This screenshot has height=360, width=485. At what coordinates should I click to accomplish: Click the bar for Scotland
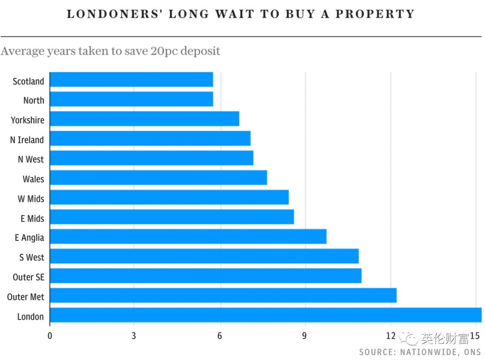tap(131, 79)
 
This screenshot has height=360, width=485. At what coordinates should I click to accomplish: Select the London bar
tap(265, 315)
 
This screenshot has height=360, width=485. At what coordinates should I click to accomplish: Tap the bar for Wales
tap(158, 177)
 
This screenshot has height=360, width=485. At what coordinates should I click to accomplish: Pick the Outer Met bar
tap(223, 295)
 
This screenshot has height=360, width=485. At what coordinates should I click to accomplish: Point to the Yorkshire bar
tap(144, 119)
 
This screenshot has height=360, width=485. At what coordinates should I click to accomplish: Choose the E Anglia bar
tap(188, 237)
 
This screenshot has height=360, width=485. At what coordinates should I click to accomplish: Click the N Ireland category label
tap(27, 140)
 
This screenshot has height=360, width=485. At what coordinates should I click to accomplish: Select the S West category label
tap(31, 257)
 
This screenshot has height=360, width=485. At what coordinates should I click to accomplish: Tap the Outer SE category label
tap(28, 277)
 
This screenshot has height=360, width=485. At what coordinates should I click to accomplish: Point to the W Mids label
tap(31, 198)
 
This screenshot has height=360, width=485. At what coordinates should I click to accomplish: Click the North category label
tap(34, 100)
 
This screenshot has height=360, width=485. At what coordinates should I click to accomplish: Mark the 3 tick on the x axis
tap(134, 336)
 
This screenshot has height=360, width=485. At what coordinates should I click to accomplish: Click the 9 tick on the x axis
tap(305, 336)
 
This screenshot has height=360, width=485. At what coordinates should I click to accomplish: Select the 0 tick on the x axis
tap(49, 336)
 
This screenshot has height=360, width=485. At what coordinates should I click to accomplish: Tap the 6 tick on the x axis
tap(220, 336)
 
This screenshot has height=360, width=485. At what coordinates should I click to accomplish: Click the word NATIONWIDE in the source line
tap(429, 352)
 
